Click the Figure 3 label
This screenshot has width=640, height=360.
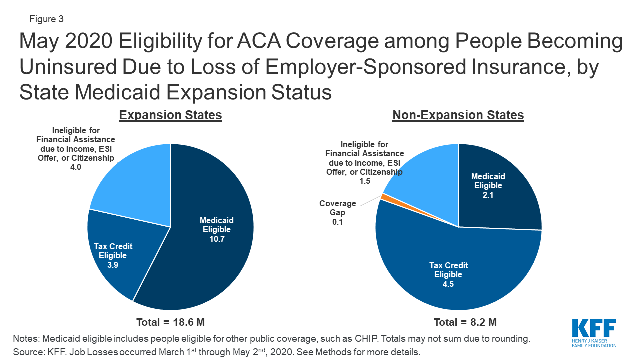46,19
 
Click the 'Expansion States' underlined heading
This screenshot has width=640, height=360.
170,115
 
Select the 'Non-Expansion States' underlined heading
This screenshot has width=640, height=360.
458,115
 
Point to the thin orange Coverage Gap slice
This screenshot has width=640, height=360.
385,197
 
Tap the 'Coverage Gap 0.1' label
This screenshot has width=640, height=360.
338,212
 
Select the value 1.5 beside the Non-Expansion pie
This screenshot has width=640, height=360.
365,181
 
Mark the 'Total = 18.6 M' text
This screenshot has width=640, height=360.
170,322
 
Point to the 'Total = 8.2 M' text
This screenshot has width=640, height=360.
458,322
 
